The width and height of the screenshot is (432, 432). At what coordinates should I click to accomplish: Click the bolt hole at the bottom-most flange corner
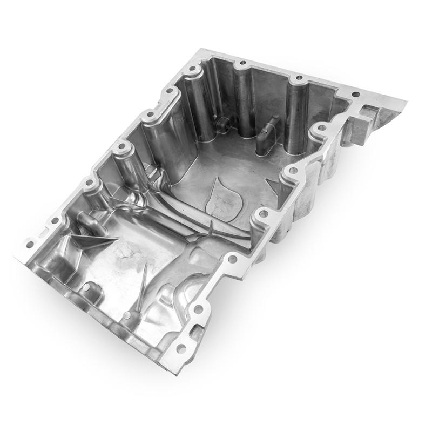click(x=180, y=348)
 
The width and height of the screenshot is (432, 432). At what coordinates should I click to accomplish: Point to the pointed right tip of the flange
click(x=407, y=99)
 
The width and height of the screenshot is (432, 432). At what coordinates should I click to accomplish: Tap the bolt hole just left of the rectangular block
click(x=322, y=128)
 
